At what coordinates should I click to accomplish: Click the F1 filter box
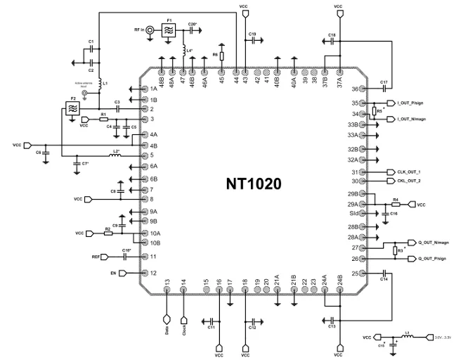pos(169,30)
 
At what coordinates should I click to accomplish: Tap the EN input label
pos(112,273)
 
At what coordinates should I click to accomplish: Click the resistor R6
pos(222,55)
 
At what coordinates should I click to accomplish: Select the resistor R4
pos(396,205)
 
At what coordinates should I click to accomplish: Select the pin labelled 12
pos(152,273)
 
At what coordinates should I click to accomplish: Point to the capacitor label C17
pos(384,83)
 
